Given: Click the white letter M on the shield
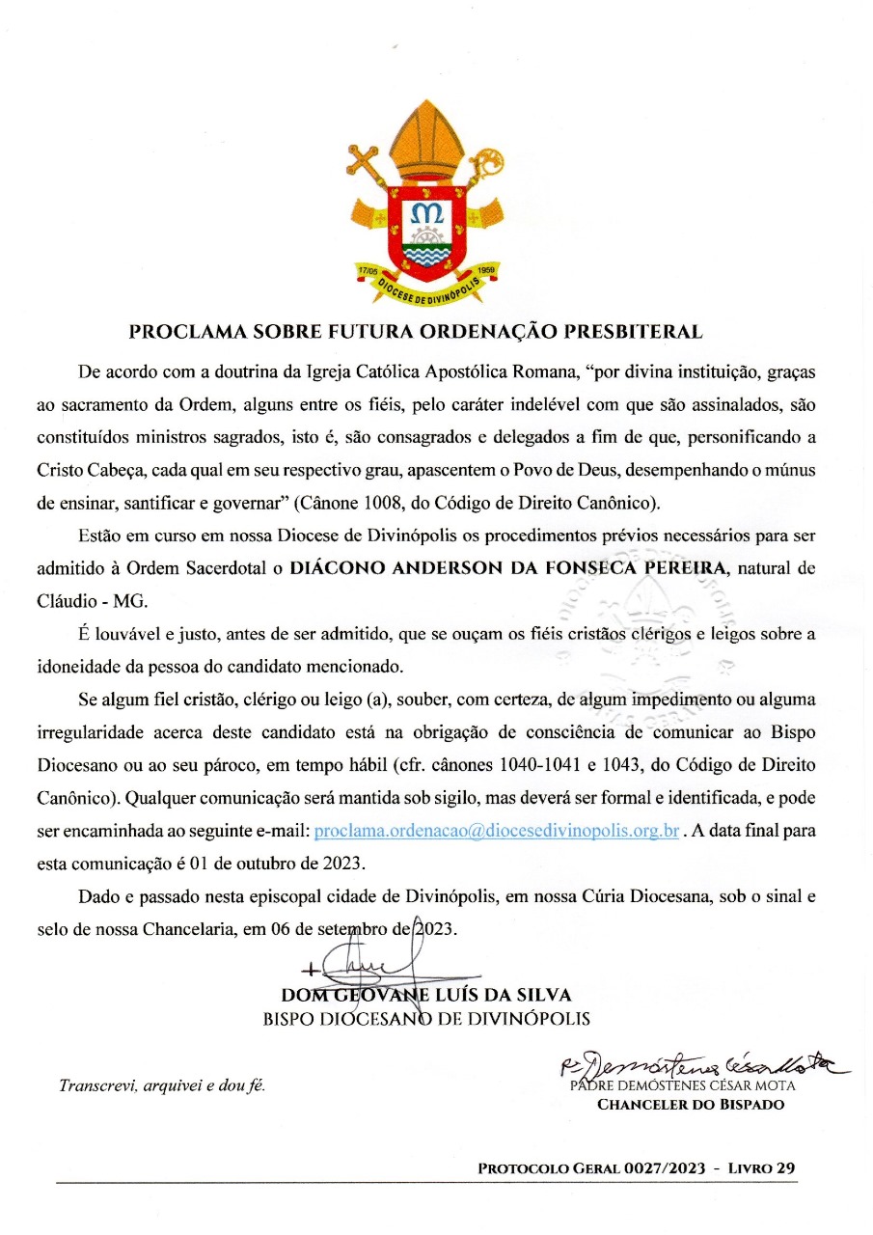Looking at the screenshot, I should click(425, 212).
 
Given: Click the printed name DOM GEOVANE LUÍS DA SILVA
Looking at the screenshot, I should click(426, 995).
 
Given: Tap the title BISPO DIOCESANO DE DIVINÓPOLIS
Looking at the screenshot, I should click(426, 1019).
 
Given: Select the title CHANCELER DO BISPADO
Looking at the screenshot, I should click(691, 1105).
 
